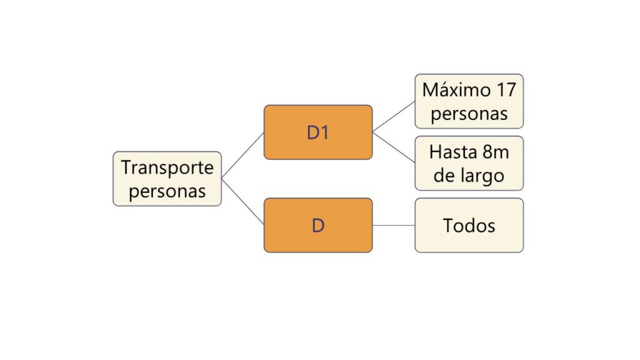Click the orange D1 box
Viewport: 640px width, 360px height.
tap(318, 132)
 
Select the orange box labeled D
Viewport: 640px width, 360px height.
tap(318, 225)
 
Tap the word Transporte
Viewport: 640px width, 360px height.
tap(167, 167)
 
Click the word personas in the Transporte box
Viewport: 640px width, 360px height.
tap(167, 191)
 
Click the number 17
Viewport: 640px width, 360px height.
tap(506, 90)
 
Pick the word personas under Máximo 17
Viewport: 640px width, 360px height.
tap(469, 114)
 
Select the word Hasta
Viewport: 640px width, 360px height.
tap(453, 152)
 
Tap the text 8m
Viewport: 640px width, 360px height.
tap(496, 152)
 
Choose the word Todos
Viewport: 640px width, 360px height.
tap(469, 225)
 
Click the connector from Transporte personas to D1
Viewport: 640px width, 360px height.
tap(242, 156)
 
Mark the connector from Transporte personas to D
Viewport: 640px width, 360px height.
tap(242, 202)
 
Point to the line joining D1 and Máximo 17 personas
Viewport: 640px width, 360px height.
tap(394, 117)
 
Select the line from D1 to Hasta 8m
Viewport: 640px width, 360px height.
tap(394, 147)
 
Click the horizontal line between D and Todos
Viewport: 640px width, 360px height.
tap(394, 225)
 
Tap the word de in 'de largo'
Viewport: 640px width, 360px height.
tap(443, 176)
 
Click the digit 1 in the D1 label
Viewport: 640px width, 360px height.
tap(324, 132)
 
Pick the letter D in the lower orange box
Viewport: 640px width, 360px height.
tap(318, 225)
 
